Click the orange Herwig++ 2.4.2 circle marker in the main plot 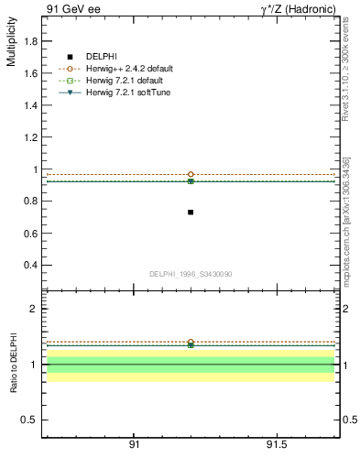[x=191, y=174]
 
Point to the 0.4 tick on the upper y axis [x=30, y=266]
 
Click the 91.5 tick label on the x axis [x=277, y=446]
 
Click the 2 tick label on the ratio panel [x=34, y=309]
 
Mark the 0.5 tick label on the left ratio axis [x=30, y=420]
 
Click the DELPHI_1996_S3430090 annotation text [x=191, y=274]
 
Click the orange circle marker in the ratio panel [x=191, y=342]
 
